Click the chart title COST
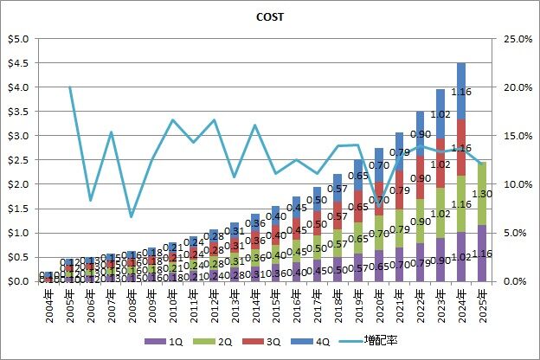pos(270,16)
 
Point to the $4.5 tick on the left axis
pos(18,63)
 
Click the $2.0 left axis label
pos(18,184)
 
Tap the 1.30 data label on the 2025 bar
pos(484,195)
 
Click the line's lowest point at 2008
pos(132,216)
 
